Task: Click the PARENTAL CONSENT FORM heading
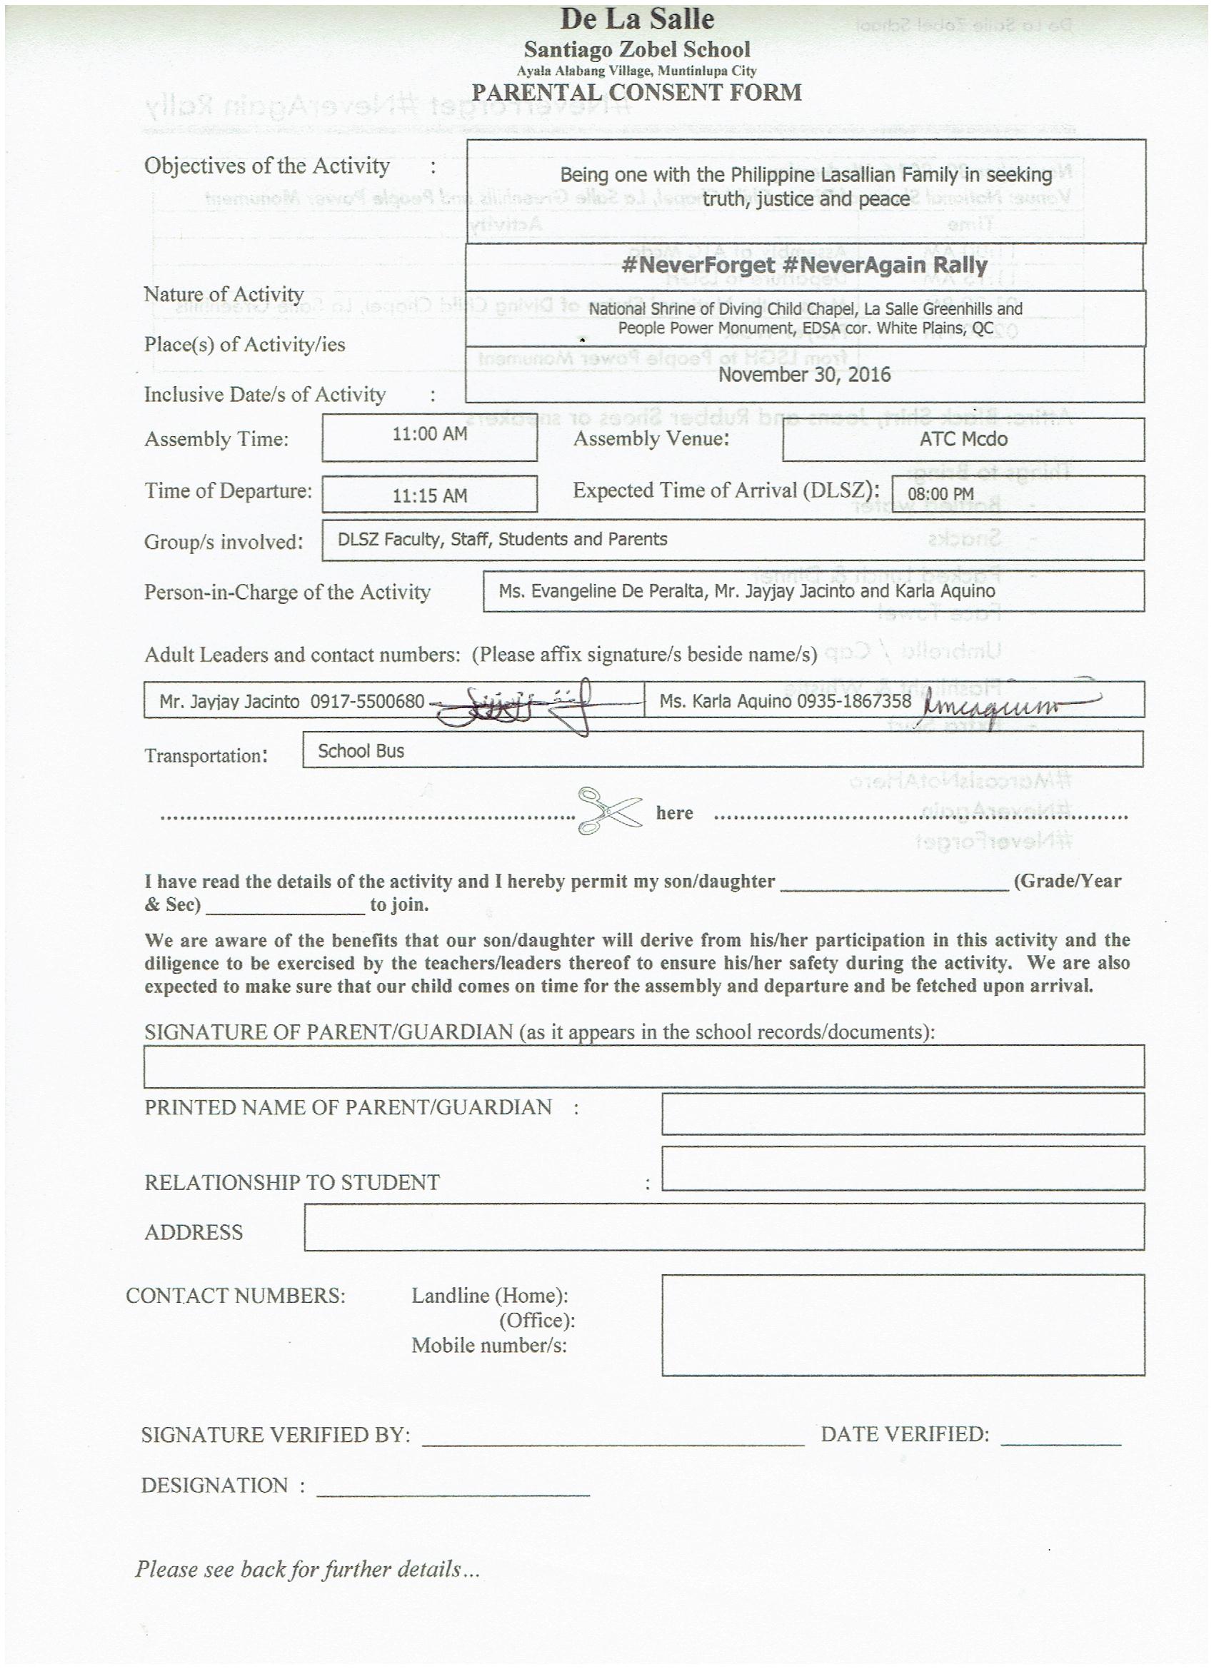click(x=637, y=93)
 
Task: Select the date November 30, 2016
click(x=804, y=375)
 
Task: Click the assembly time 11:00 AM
click(x=429, y=434)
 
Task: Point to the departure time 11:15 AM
click(x=429, y=496)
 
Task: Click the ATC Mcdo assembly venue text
click(x=963, y=439)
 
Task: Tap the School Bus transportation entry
click(x=361, y=750)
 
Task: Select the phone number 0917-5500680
click(x=367, y=701)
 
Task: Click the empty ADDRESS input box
click(x=723, y=1226)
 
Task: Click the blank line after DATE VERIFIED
click(x=1060, y=1444)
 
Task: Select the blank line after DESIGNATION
click(x=453, y=1495)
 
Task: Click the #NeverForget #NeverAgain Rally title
click(x=804, y=265)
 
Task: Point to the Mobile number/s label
click(x=489, y=1345)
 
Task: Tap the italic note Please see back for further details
click(x=307, y=1570)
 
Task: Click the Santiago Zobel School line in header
click(x=637, y=50)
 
